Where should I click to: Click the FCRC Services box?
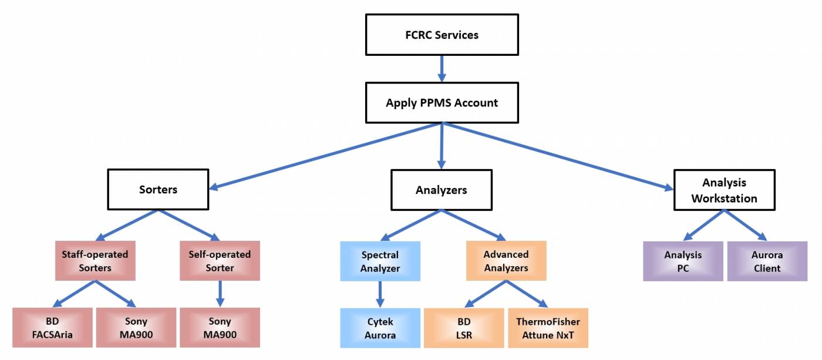click(x=442, y=35)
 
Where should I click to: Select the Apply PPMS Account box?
click(x=442, y=103)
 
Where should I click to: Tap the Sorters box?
click(x=158, y=190)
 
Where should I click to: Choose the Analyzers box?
click(x=441, y=190)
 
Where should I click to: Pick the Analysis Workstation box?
click(x=723, y=190)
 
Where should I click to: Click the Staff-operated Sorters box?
click(x=95, y=261)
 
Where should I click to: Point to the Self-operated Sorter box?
click(x=220, y=261)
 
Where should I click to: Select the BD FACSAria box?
click(x=53, y=328)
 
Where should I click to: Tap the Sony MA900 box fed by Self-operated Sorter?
click(x=220, y=328)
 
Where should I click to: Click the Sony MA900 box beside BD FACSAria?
click(x=136, y=328)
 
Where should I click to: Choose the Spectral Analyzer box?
click(x=380, y=261)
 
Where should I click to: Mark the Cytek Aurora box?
click(x=380, y=328)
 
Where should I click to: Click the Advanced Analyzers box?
click(x=506, y=261)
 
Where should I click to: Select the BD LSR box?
click(x=464, y=328)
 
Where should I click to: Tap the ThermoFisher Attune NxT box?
click(x=547, y=328)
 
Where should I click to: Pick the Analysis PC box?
click(x=683, y=261)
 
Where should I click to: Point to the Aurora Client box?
click(x=766, y=261)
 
